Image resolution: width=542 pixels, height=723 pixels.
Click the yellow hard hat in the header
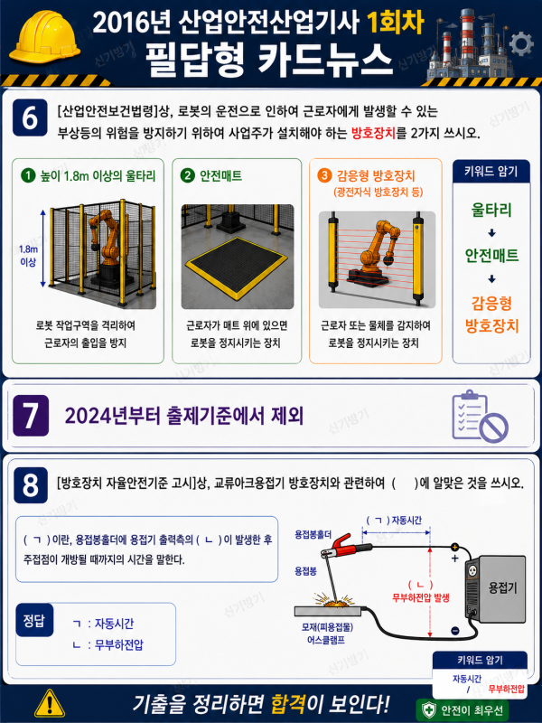[44, 38]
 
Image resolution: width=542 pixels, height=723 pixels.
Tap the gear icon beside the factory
[521, 44]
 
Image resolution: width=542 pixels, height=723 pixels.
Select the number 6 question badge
[30, 117]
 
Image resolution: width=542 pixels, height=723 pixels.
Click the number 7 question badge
[31, 416]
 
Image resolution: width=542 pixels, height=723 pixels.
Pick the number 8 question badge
[31, 485]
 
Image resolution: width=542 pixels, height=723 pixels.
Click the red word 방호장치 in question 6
[373, 133]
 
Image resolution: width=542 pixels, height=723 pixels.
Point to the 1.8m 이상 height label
[28, 256]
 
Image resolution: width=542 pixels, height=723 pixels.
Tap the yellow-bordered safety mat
[237, 265]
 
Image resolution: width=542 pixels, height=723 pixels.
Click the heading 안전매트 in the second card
[220, 175]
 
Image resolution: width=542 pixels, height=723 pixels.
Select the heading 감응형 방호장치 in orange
[376, 175]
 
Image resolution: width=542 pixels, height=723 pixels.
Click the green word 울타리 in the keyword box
[491, 210]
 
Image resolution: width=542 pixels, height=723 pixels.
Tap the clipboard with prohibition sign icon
[480, 417]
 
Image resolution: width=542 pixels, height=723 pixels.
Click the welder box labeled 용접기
[496, 589]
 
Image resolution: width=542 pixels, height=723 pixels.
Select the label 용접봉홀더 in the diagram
[313, 535]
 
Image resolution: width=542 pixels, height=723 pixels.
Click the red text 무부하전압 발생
[420, 598]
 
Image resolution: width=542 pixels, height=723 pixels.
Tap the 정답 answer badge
[34, 620]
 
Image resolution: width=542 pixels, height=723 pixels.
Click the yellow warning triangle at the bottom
[50, 704]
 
